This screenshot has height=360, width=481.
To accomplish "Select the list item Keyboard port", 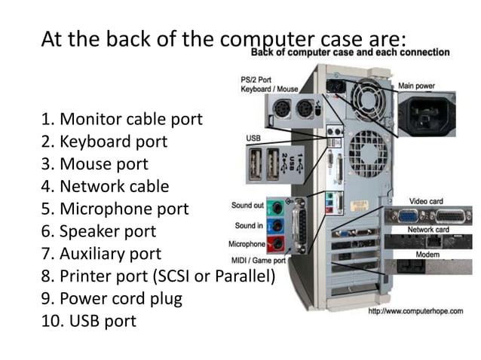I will [x=105, y=142].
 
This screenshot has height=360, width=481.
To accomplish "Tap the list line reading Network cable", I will [x=105, y=186].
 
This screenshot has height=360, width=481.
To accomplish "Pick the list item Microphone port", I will [x=115, y=209].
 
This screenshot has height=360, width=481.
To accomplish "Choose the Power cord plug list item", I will [x=112, y=298].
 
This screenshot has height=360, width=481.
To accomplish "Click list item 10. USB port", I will [x=88, y=321].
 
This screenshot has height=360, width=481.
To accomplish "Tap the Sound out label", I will [x=247, y=205].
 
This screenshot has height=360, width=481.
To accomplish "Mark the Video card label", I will [x=427, y=201].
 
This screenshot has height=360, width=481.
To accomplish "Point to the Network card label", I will [x=428, y=230].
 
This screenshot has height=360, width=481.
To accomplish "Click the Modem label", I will [x=427, y=255].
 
